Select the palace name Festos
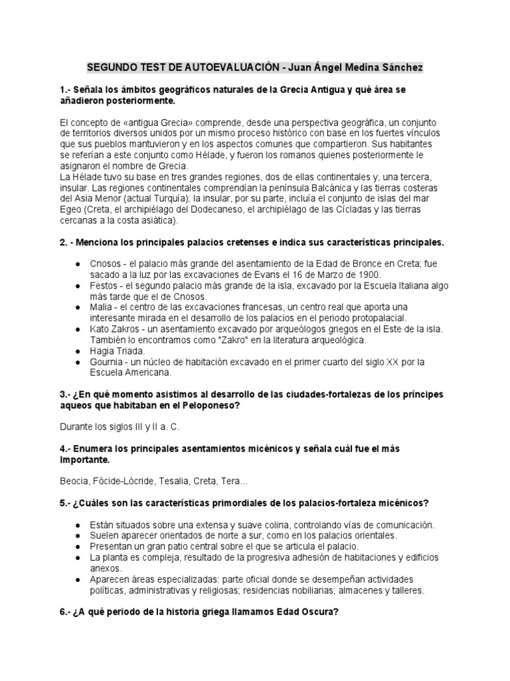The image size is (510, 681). [104, 285]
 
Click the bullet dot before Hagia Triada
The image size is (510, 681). [78, 350]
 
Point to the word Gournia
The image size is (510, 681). [107, 362]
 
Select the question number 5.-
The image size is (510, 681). [65, 502]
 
